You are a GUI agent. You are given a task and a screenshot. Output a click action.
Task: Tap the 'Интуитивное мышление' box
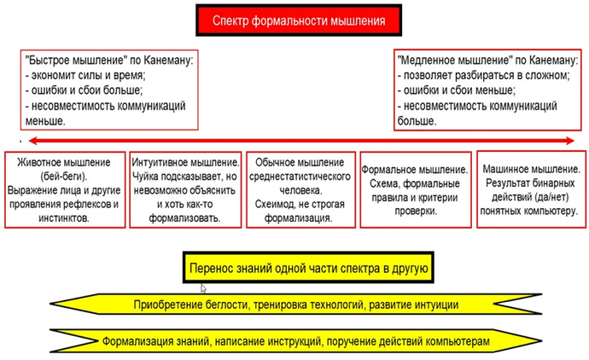[185, 189]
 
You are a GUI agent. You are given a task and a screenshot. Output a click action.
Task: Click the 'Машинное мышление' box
[531, 189]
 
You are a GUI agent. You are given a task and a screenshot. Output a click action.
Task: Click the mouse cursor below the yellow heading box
[202, 288]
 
